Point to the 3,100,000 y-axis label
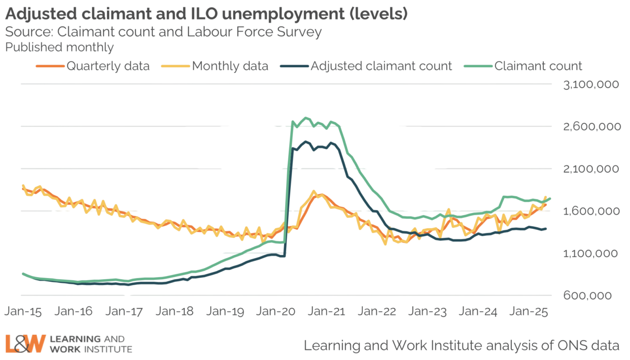pyautogui.click(x=587, y=85)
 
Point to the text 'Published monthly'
pyautogui.click(x=59, y=47)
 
